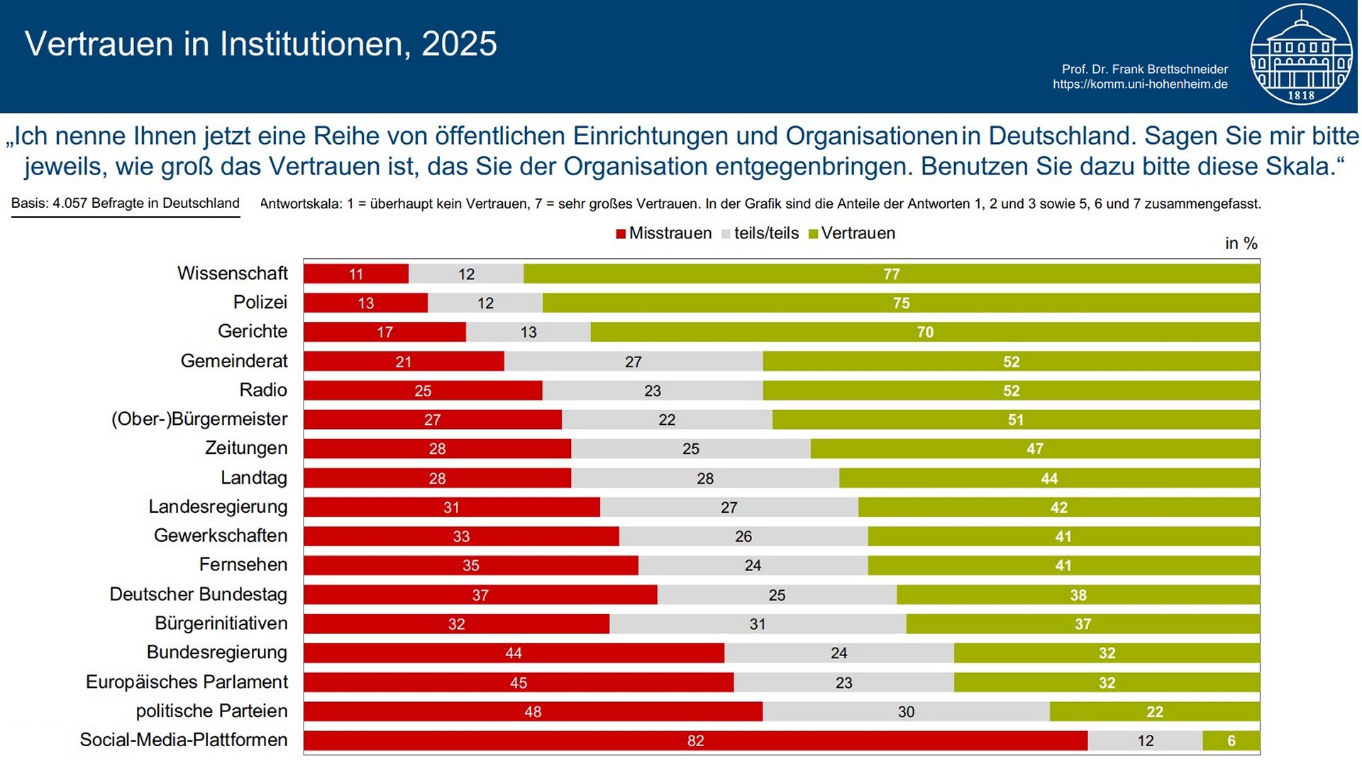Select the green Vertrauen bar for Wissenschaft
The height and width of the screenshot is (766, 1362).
click(x=891, y=274)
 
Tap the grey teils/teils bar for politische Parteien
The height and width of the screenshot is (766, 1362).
click(x=906, y=711)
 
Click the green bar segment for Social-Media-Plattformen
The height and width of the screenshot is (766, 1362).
click(x=1231, y=740)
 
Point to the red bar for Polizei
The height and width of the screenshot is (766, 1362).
click(x=365, y=303)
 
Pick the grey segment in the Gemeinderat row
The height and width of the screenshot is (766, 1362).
click(x=633, y=362)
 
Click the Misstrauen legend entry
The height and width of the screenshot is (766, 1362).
click(x=664, y=233)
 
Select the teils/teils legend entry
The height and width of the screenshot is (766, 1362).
click(x=760, y=233)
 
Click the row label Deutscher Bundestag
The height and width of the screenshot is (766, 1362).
click(x=198, y=594)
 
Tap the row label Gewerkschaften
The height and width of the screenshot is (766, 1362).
click(x=221, y=535)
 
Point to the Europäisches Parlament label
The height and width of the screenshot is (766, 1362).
click(x=187, y=682)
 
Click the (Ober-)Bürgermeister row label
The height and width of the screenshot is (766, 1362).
click(x=199, y=419)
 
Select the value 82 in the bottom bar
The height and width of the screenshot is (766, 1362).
click(x=695, y=740)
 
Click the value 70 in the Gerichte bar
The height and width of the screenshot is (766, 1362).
click(x=924, y=332)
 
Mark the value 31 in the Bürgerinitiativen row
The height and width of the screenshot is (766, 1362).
click(x=757, y=624)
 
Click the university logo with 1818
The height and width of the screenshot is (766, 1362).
click(x=1300, y=55)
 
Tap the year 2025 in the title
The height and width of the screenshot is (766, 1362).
click(x=459, y=44)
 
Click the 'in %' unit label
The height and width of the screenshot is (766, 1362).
click(x=1241, y=243)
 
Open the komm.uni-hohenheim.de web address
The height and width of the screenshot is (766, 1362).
click(x=1140, y=84)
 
